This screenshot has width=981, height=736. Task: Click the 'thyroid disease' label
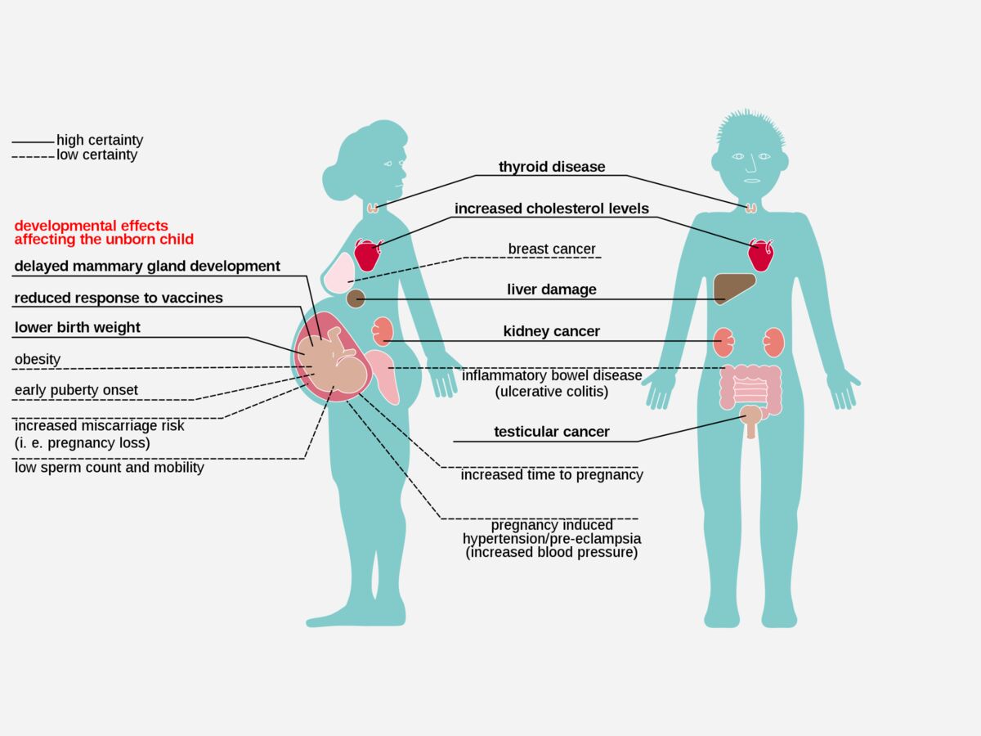pos(552,167)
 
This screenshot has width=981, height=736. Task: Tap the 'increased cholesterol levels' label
pos(552,209)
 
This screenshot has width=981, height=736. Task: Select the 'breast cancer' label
pos(552,249)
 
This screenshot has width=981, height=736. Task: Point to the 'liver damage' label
pos(552,289)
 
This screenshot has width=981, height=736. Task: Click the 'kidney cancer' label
pos(552,331)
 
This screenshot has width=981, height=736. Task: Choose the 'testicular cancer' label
pos(552,432)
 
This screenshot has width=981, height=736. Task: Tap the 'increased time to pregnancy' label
pos(552,474)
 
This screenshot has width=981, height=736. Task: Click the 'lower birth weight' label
pos(78,328)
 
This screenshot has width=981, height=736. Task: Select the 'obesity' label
pos(38,359)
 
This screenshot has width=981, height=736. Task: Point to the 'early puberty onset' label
pos(76,390)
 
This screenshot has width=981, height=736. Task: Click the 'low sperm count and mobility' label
pos(109,468)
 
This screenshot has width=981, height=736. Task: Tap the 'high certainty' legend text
pos(100,141)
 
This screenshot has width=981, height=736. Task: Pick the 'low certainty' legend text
pos(96,155)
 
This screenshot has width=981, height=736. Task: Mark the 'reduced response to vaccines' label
pos(119,298)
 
